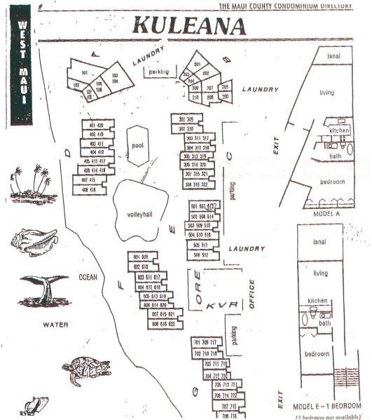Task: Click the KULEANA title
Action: click(188, 25)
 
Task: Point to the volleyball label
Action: click(140, 213)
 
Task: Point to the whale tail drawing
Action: click(43, 287)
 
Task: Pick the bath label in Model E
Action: click(324, 323)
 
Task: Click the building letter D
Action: click(67, 151)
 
